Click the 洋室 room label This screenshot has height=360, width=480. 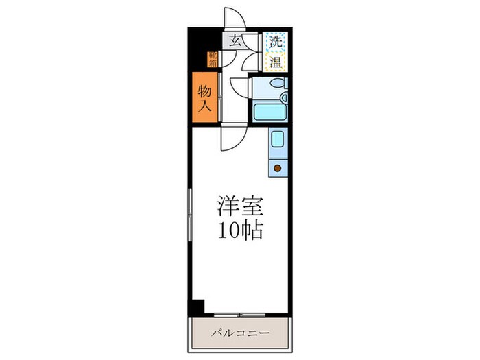click(x=239, y=206)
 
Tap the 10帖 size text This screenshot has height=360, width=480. click(x=239, y=230)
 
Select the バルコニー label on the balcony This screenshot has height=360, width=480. click(x=239, y=334)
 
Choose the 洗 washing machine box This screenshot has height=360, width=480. click(x=276, y=40)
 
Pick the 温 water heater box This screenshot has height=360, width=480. click(x=276, y=62)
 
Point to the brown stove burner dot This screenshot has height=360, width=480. click(x=278, y=167)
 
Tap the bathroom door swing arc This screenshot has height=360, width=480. click(x=239, y=88)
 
